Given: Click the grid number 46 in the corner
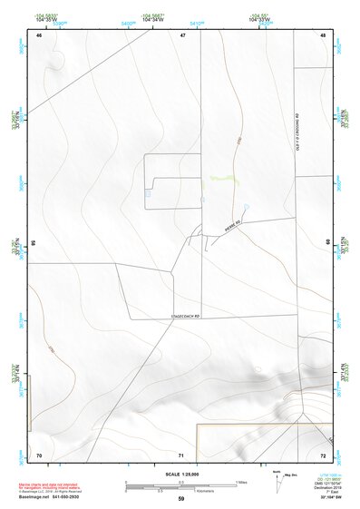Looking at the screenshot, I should (x=39, y=34).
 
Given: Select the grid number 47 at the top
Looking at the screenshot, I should (x=182, y=34).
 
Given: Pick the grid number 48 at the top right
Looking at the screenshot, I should (x=323, y=34).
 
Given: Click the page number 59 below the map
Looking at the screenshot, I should (x=181, y=499).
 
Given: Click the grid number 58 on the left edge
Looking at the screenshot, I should (x=34, y=243).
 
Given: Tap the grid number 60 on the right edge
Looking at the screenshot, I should (x=327, y=242).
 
